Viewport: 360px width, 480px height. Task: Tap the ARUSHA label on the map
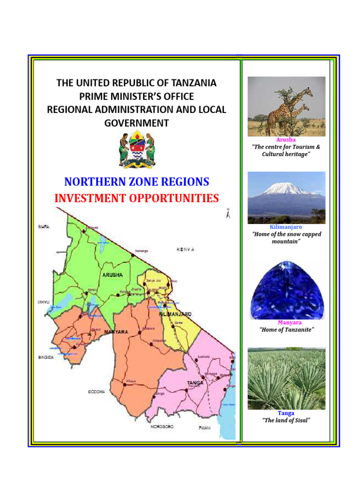[112, 275]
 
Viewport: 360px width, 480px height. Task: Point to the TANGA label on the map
[195, 383]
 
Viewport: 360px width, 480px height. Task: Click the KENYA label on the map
[185, 249]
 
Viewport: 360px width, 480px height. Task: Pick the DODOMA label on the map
[97, 391]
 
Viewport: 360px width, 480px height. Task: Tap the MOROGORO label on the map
[162, 427]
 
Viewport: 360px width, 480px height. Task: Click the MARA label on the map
[44, 227]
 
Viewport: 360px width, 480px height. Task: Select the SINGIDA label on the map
[46, 358]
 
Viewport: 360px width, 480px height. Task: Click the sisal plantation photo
[286, 379]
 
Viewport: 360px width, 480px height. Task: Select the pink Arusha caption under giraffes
[286, 140]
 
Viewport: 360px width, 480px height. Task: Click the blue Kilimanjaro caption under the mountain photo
[286, 227]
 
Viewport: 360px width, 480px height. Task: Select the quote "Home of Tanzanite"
[286, 330]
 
